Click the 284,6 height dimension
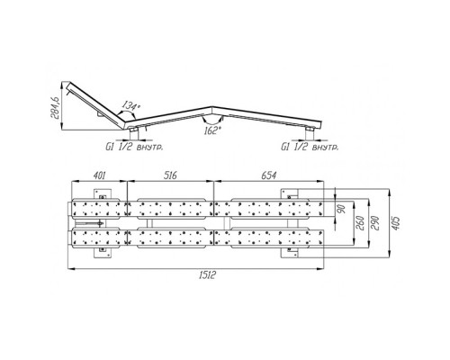pos(56,105)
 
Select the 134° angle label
pos(130,106)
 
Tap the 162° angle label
pos(212,130)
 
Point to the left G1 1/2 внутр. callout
pos(134,147)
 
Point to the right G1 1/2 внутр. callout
pos(310,147)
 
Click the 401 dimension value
pos(99,175)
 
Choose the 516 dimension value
pos(170,175)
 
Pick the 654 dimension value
pos(268,175)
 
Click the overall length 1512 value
pos(207,274)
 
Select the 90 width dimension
pos(342,208)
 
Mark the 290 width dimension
pos(375,223)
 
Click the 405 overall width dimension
pos(396,223)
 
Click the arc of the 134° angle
pos(127,112)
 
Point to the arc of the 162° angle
pos(212,122)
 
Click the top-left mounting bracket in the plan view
pos(103,194)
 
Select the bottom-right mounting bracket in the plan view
pos(289,252)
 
